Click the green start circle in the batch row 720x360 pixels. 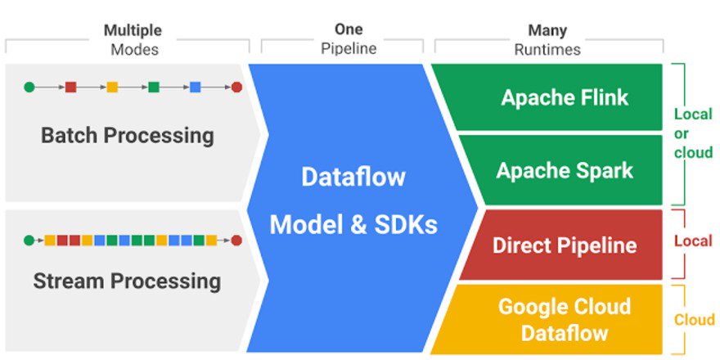29,86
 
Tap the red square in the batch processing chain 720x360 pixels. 70,86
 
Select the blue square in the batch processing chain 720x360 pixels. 195,86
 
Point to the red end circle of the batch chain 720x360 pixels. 236,86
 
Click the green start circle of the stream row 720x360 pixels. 29,241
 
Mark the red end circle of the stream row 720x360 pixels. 236,241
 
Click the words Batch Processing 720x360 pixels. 127,135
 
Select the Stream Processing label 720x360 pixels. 127,281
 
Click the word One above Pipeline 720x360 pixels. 349,30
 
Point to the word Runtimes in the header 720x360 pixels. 547,49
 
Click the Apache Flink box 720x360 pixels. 565,98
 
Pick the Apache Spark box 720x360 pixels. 565,170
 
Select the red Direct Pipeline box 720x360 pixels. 565,245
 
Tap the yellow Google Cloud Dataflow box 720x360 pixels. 565,319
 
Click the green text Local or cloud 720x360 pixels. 692,133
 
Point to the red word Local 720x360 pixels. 692,242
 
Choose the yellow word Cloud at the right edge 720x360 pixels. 694,319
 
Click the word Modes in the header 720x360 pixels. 135,49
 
